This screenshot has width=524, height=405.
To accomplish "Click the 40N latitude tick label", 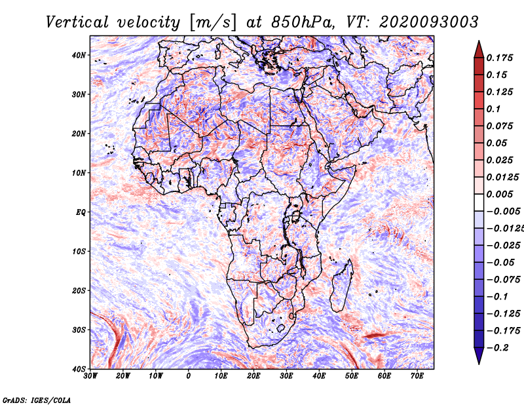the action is (x=79, y=55).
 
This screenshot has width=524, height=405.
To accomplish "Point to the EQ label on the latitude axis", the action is (x=81, y=212).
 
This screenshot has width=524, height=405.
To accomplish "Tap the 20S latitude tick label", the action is (x=79, y=290).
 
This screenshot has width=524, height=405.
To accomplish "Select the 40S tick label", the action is (x=79, y=369).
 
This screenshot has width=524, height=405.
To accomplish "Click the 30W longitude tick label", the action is (x=90, y=376).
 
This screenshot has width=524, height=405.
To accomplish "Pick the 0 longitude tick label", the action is (x=189, y=376).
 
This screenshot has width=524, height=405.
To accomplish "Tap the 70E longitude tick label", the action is (x=417, y=376).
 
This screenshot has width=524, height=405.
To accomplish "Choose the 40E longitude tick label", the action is (x=319, y=376).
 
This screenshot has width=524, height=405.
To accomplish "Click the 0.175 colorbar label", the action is (x=499, y=58).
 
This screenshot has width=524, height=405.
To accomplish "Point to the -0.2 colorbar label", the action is (x=497, y=348).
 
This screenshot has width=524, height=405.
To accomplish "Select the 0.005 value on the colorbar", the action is (x=499, y=194).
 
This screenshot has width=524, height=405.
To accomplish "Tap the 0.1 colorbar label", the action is (x=493, y=109).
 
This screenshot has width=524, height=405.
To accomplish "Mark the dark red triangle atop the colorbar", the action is (x=479, y=50).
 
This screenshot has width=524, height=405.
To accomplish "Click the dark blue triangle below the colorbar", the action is (x=479, y=356).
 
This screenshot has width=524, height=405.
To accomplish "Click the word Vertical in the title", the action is (x=77, y=22).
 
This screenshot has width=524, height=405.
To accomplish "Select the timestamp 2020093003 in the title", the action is (x=429, y=22).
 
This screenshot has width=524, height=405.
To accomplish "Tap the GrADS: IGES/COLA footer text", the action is (x=37, y=400).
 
